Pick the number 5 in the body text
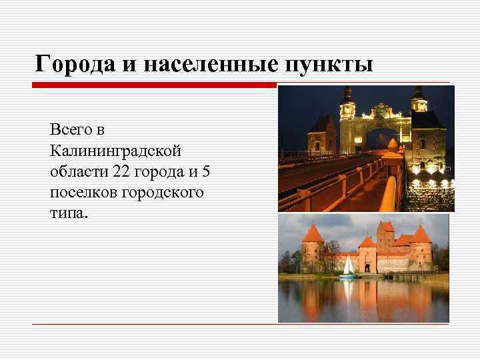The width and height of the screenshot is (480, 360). pos(205,171)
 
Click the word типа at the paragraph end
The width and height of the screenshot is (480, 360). pos(67,214)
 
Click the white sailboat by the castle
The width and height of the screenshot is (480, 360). pos(349,267)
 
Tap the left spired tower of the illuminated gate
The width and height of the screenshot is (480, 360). pos(347,107)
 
